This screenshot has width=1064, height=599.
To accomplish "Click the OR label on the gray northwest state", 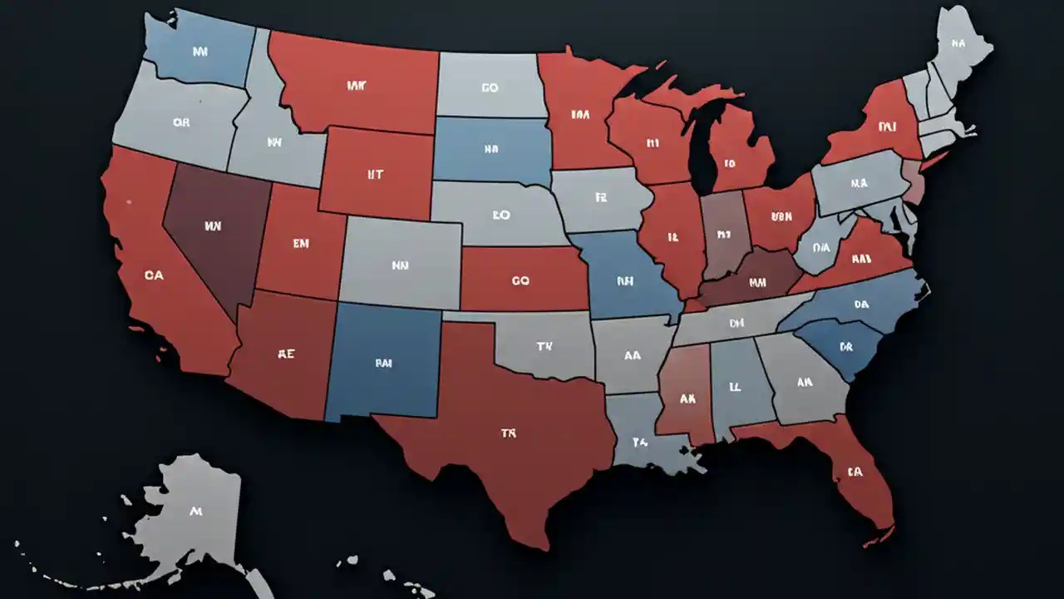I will click(181, 122).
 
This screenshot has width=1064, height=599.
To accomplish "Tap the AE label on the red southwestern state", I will click(286, 353).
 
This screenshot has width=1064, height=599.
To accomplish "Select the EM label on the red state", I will click(300, 244).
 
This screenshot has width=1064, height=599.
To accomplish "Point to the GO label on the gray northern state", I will click(490, 87).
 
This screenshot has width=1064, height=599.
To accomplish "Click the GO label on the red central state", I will click(520, 281).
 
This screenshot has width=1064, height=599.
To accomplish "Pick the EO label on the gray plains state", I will click(500, 215).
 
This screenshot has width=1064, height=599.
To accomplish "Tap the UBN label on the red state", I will click(781, 216).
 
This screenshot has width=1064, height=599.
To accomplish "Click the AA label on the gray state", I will click(632, 355).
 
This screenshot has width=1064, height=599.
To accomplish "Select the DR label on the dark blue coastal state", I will click(846, 346).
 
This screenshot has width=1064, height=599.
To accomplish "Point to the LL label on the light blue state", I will click(735, 387).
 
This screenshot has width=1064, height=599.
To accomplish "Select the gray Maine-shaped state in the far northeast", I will click(960, 46).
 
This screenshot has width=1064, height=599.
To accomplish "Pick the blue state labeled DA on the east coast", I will click(860, 304).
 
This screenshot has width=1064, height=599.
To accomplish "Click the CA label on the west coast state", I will click(154, 275).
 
